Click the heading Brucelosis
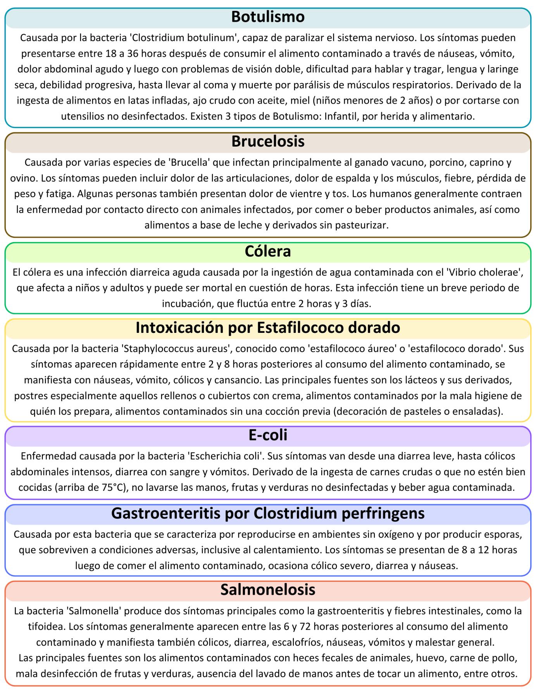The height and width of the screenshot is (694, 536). [268, 141]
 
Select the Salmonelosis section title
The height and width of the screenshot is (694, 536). [268, 589]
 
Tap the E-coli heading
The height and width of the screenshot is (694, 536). [268, 435]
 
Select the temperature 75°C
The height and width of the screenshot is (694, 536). [114, 487]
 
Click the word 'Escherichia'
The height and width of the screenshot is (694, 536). [212, 456]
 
